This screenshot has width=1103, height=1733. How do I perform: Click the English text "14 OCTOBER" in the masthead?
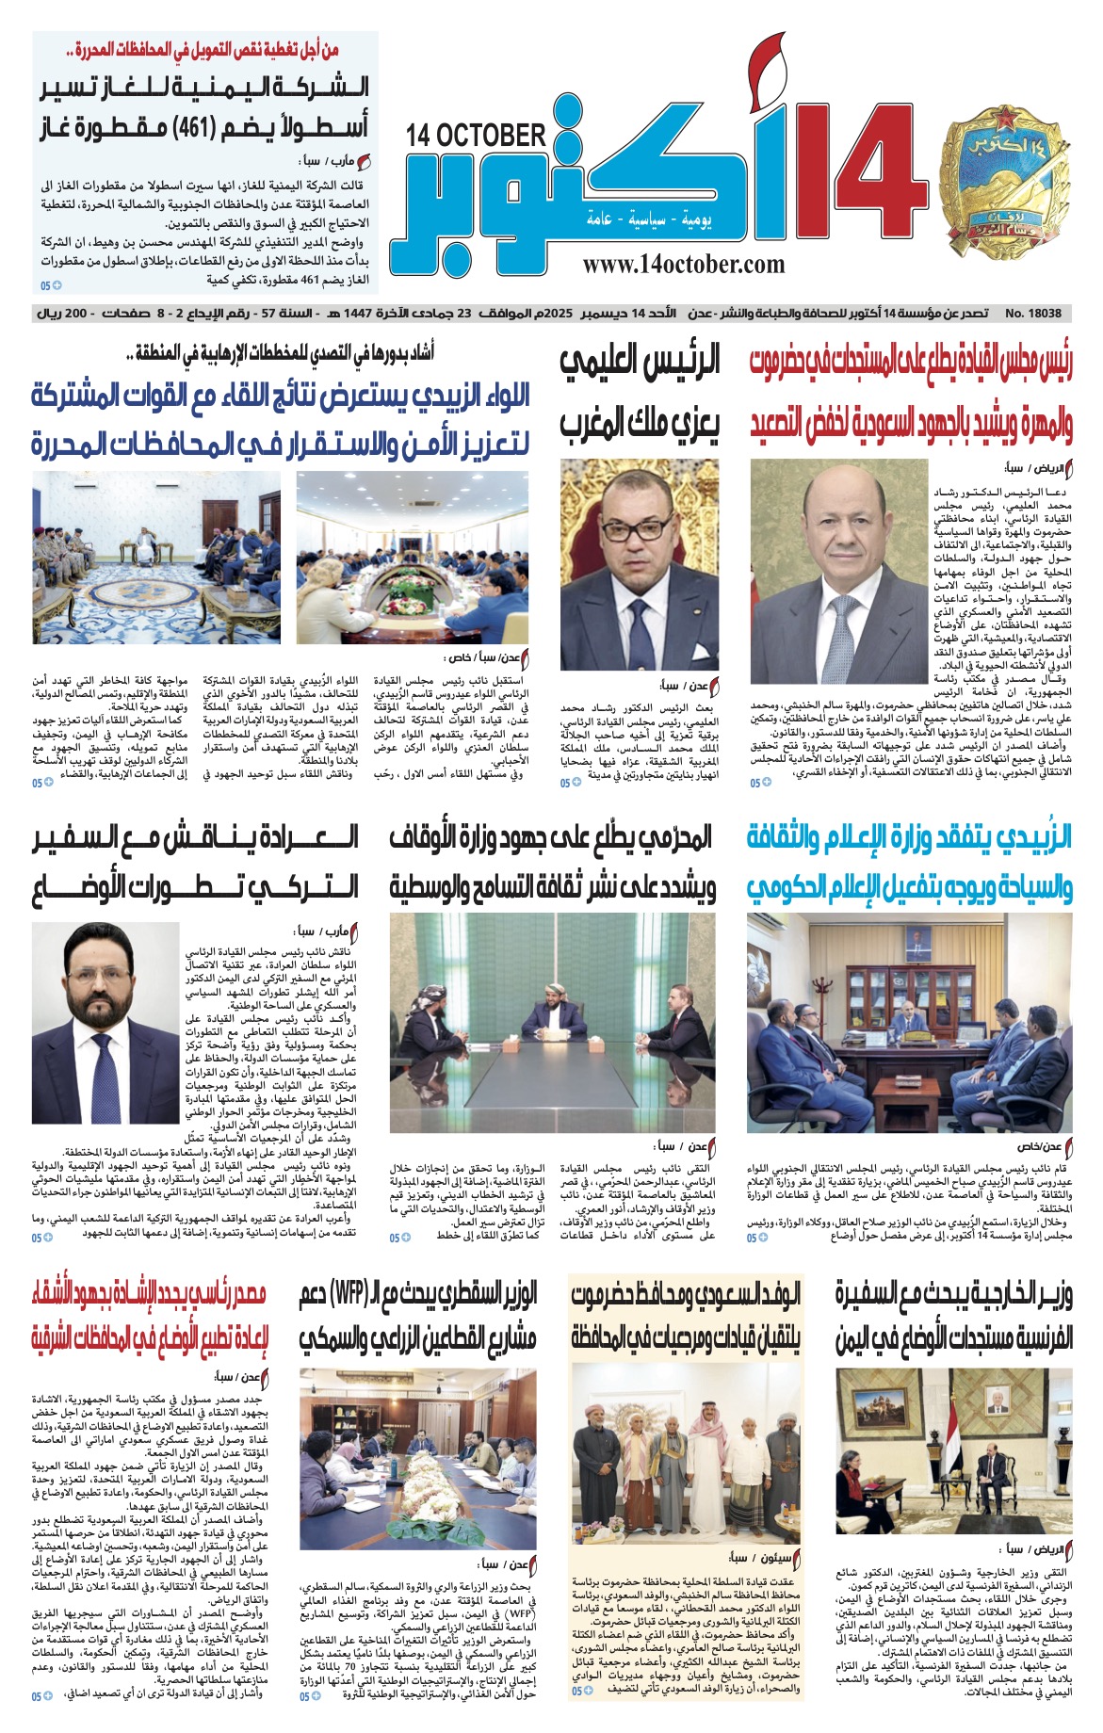476,136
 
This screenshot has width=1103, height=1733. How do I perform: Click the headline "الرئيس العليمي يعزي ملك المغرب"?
640,393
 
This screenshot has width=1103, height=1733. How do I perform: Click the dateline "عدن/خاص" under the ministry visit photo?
1039,1146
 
